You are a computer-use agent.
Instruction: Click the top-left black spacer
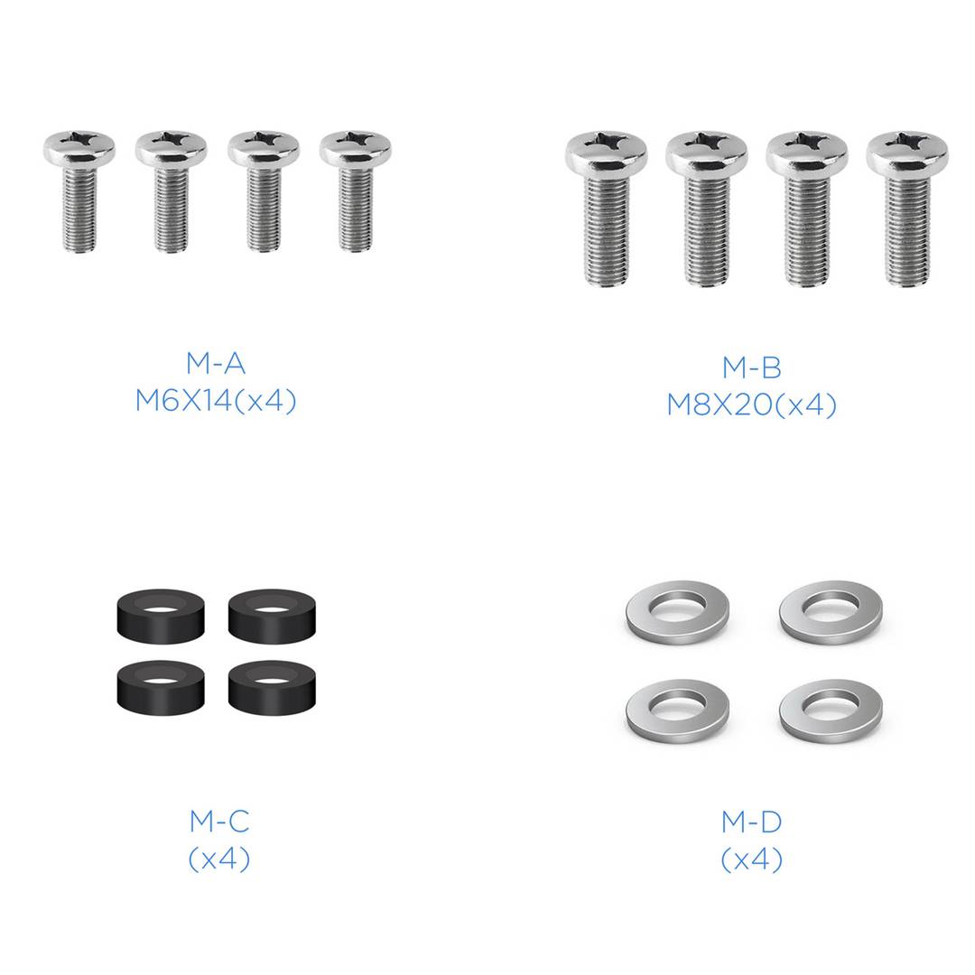coord(161,617)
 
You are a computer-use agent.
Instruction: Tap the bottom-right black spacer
coord(272,687)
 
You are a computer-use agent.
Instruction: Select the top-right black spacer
coord(272,617)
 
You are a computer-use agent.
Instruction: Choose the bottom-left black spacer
coord(161,687)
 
